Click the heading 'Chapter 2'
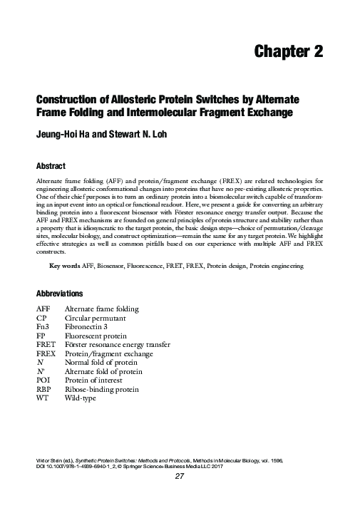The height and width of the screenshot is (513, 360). [x=289, y=51]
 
